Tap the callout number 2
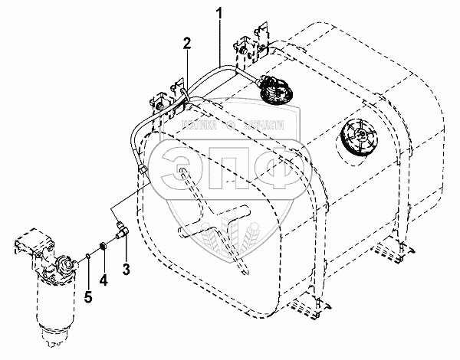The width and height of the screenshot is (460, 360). pos(186,44)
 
